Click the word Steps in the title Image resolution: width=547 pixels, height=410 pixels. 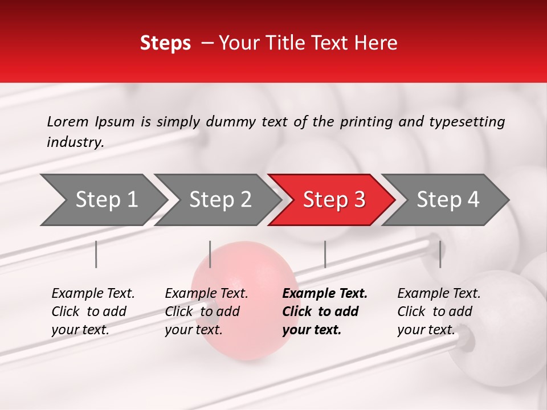[x=165, y=43]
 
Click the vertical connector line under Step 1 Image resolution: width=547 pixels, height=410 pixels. [x=96, y=254]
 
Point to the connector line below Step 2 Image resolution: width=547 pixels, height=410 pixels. [x=210, y=254]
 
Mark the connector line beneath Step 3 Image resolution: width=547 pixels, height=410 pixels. [x=325, y=254]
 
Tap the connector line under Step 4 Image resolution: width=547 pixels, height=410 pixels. [x=440, y=254]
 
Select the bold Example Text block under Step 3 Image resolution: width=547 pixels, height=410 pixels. [x=325, y=311]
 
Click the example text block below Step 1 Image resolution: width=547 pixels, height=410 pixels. [x=93, y=311]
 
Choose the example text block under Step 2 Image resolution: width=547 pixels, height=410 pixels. [x=206, y=311]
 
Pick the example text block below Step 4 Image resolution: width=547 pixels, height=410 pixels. [x=439, y=311]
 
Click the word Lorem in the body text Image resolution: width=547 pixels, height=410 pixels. [x=68, y=121]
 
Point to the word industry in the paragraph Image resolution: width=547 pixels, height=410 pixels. [x=75, y=142]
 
